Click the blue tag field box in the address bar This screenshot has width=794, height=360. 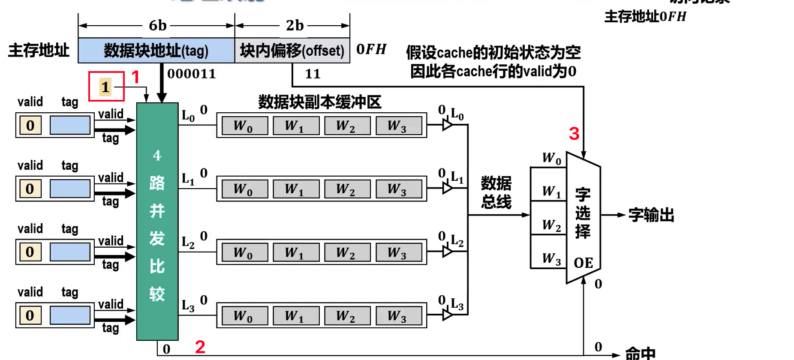(x=156, y=51)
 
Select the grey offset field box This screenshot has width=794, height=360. (x=292, y=51)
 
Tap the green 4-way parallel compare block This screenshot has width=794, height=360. (x=157, y=221)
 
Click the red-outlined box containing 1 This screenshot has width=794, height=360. (x=106, y=87)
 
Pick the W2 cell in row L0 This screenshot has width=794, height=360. (x=347, y=126)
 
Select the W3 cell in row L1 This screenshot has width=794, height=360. (x=399, y=189)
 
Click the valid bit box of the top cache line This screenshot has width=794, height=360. (x=30, y=125)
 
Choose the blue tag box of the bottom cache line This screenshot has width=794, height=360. (x=70, y=315)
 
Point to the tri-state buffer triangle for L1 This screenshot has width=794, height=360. (x=447, y=188)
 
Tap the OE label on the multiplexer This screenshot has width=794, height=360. (x=583, y=263)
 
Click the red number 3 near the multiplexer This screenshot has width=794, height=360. (x=574, y=134)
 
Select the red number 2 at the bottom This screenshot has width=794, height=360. (x=200, y=347)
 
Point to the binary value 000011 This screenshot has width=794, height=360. (x=191, y=74)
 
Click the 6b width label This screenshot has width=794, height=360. (x=157, y=26)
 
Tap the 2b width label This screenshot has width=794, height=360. (x=295, y=26)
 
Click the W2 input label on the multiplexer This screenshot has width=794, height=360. (x=551, y=225)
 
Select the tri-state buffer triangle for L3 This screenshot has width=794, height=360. (x=447, y=315)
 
